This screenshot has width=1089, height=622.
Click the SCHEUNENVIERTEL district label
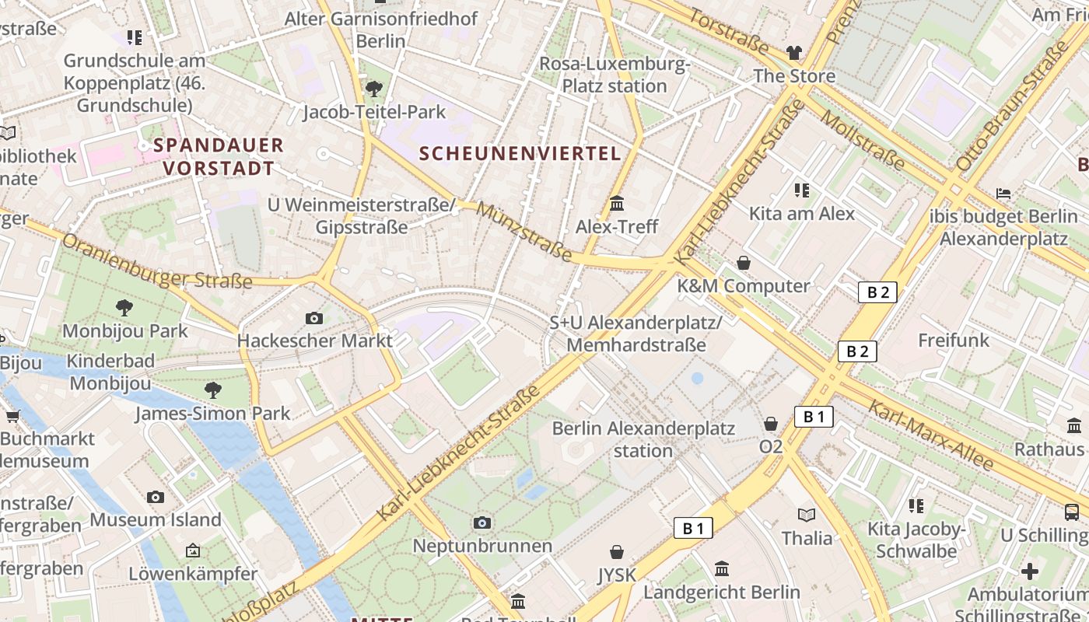tap(520, 153)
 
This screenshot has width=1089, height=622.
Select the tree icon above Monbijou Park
tap(124, 308)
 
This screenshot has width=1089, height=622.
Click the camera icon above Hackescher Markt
tap(314, 318)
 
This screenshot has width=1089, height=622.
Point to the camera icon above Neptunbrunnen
tap(482, 522)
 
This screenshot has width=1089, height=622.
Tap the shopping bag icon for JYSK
tap(617, 552)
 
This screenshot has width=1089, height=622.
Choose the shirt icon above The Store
tap(793, 53)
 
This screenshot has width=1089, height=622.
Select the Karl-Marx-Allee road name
tap(930, 435)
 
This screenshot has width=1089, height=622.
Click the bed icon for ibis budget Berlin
tap(1003, 193)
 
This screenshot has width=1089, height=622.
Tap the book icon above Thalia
tap(807, 515)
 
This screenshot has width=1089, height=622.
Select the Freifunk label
tap(954, 340)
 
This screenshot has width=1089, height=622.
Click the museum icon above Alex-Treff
tap(617, 204)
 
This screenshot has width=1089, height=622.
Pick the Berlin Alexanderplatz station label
tap(643, 439)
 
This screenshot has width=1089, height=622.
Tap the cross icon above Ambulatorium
tap(1030, 571)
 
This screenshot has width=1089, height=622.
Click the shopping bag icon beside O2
tap(770, 424)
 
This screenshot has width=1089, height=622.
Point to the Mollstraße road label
tap(863, 141)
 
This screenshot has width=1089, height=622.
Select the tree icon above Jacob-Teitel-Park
tap(374, 89)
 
